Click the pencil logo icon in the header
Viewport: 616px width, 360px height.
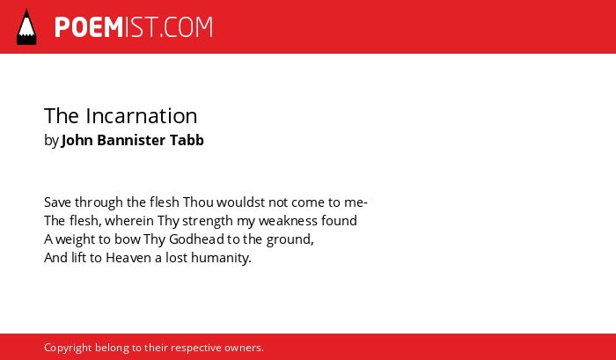click(26, 26)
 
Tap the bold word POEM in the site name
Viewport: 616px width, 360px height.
click(89, 27)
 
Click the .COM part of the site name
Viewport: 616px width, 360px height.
click(186, 27)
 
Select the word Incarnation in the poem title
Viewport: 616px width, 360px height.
click(142, 116)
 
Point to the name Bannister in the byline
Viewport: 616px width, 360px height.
click(131, 140)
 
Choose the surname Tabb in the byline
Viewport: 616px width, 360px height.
click(187, 140)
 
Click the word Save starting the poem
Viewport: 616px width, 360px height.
click(58, 202)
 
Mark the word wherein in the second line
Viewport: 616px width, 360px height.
click(129, 221)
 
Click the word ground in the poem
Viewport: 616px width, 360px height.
click(290, 240)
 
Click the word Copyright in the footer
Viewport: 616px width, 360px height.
click(68, 349)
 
